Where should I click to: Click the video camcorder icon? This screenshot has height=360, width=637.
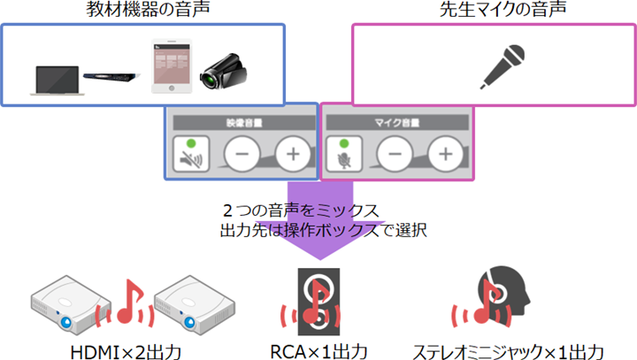click(221, 71)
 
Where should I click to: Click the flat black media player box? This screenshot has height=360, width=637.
click(111, 78)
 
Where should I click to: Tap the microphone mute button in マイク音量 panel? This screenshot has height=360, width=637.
click(344, 157)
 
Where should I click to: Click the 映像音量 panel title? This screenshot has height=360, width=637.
click(241, 120)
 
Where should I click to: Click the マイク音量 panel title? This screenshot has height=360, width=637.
click(395, 120)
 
